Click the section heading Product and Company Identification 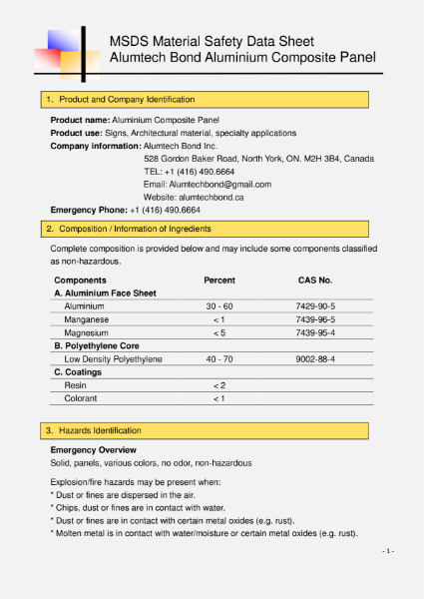(127, 100)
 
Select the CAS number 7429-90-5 (315, 305)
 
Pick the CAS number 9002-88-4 (315, 358)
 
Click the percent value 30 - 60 (219, 305)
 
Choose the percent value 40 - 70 (219, 358)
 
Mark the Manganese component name (87, 318)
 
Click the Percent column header (219, 281)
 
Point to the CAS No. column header (315, 281)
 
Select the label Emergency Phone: (89, 211)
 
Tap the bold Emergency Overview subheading (93, 450)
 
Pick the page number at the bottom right (389, 550)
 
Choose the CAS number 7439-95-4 (315, 332)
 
